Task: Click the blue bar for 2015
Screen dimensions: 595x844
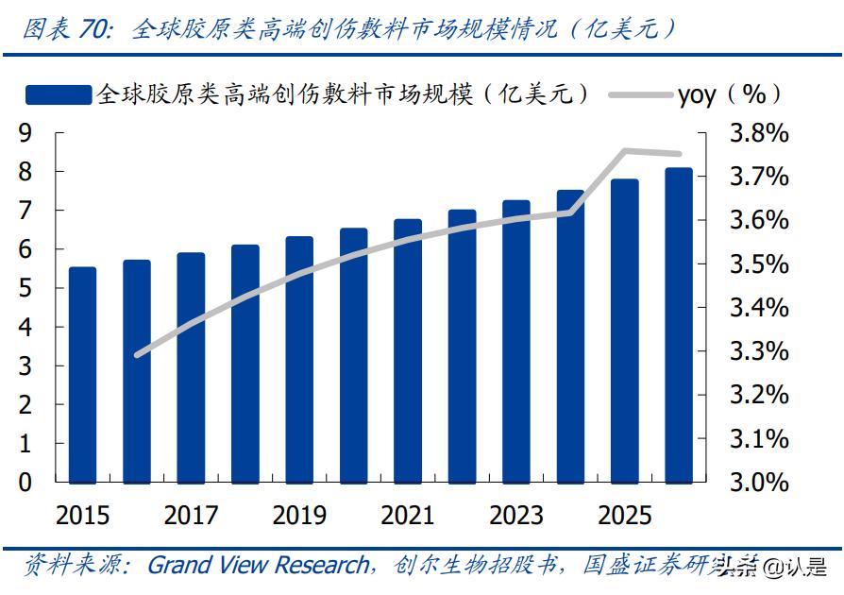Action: point(82,374)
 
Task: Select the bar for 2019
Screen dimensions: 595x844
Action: point(299,359)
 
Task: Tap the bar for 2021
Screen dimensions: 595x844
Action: point(408,350)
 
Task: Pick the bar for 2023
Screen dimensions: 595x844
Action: point(516,341)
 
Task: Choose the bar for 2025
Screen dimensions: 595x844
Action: point(625,331)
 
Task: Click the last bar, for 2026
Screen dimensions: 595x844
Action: point(679,325)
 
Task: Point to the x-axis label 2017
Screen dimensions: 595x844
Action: point(191,515)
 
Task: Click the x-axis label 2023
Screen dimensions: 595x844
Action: point(516,515)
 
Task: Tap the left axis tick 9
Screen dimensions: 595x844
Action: point(25,134)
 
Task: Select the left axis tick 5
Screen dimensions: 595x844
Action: point(25,289)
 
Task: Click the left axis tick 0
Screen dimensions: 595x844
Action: point(25,482)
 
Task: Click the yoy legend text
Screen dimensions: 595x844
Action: point(697,94)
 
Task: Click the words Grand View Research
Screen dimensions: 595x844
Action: point(258,565)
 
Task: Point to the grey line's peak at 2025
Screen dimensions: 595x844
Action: point(625,150)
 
